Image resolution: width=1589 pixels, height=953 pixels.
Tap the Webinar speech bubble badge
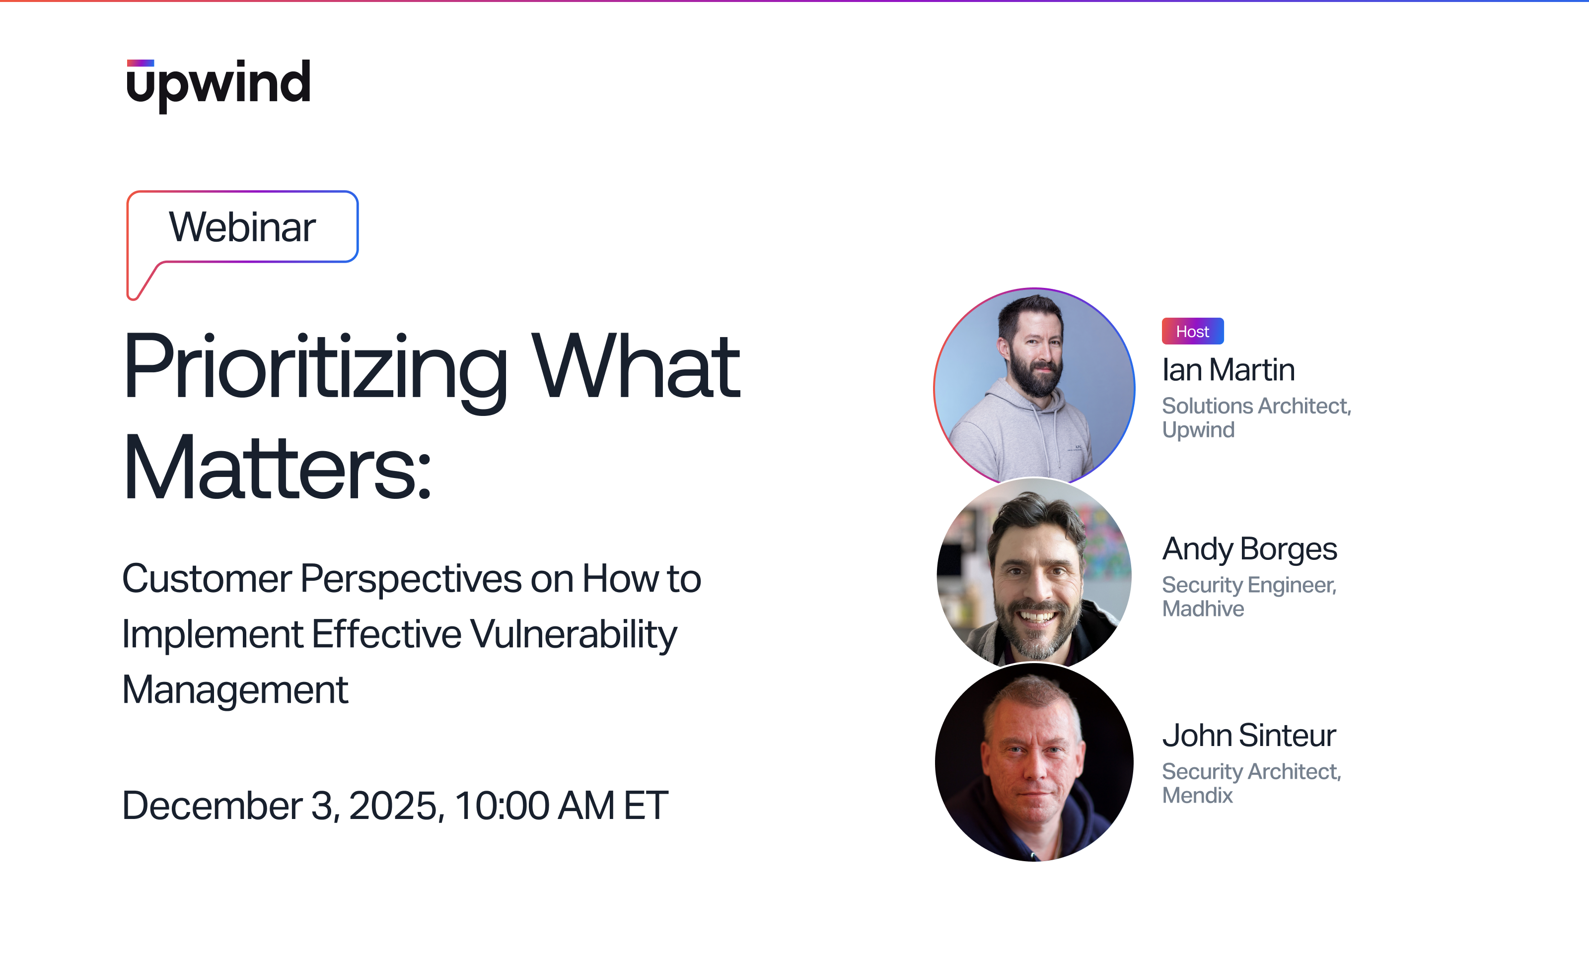(x=242, y=227)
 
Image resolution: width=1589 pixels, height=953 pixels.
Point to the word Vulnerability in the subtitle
(x=574, y=634)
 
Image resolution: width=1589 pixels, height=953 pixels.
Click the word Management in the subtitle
(x=235, y=690)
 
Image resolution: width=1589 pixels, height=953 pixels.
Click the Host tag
(x=1192, y=332)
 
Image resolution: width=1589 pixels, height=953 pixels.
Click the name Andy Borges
(x=1249, y=549)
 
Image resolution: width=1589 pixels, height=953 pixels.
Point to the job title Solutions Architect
(x=1256, y=406)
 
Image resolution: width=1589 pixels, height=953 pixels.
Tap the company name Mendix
(x=1197, y=796)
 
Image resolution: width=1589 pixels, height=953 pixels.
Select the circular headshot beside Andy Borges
(x=1034, y=571)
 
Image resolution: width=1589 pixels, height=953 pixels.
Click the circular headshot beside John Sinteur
(x=1034, y=762)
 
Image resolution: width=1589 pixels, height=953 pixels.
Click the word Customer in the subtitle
(x=206, y=579)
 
